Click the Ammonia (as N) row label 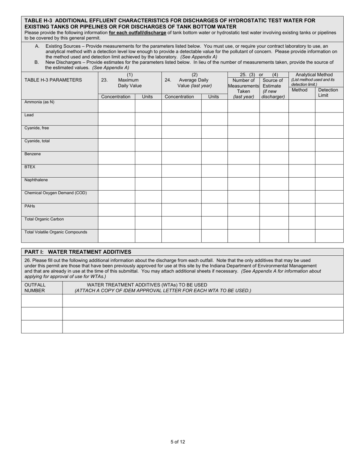[x=39, y=102]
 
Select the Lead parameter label [x=29, y=115]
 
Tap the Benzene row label [x=33, y=154]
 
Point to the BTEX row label [x=30, y=167]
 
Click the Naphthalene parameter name [x=36, y=180]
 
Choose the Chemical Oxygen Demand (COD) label [x=56, y=193]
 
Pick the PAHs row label [x=30, y=206]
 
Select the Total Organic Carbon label [x=44, y=219]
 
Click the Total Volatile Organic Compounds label [x=56, y=232]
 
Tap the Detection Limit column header [x=328, y=92]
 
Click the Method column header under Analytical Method [x=299, y=90]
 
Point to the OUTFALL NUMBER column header [x=35, y=288]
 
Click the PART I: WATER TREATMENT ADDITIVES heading [x=78, y=252]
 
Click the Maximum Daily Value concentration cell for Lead [x=116, y=119]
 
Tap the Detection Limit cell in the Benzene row [x=329, y=158]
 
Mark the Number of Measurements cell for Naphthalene [x=243, y=184]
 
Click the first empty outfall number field [x=42, y=301]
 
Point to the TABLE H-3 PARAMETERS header [x=53, y=80]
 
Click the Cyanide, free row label [x=37, y=128]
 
